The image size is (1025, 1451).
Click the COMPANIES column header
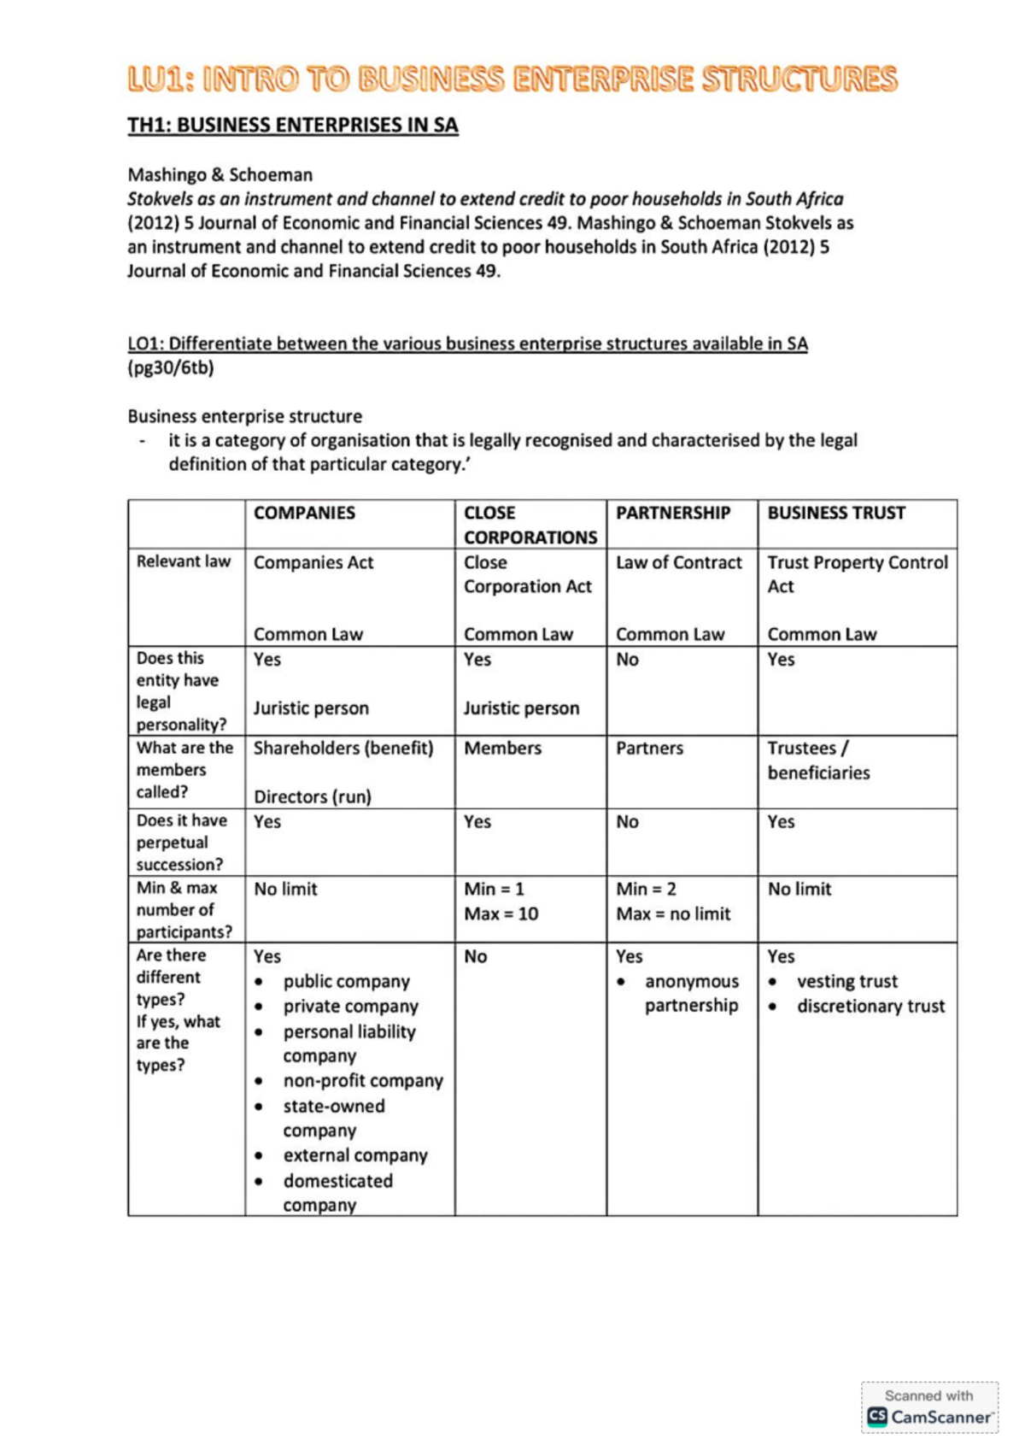point(304,513)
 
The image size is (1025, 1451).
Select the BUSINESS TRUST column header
point(835,513)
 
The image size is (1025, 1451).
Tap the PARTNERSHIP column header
point(672,513)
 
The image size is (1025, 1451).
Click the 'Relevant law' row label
point(183,561)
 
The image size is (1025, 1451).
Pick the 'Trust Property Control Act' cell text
point(857,573)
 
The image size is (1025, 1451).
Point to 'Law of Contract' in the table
point(678,562)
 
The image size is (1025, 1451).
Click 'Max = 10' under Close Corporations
point(501,913)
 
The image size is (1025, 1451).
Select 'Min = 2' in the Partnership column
point(646,889)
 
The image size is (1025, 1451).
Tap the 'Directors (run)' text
point(312,796)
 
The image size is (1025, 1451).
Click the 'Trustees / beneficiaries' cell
point(817,760)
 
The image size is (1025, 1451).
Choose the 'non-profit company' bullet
point(363,1081)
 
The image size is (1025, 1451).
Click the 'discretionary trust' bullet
point(870,1007)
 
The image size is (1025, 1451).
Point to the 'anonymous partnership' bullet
point(691,993)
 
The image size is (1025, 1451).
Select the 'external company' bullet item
point(355,1155)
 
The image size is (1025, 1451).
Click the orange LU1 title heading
point(512,79)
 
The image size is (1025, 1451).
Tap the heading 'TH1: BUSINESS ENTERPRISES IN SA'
point(293,125)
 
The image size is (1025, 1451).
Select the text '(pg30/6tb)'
point(171,368)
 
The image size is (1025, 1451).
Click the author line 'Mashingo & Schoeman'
point(220,175)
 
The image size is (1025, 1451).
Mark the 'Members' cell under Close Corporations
point(502,748)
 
